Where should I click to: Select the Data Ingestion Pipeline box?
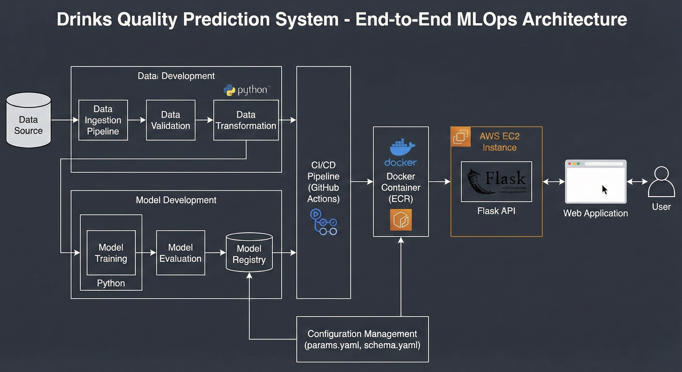pos(103,120)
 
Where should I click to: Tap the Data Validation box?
pos(170,120)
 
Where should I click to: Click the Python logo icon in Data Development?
pos(229,90)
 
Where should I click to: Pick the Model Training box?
pos(111,253)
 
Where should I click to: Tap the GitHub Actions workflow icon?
pos(323,222)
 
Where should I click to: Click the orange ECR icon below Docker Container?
pos(401,220)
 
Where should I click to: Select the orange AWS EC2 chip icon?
pos(461,137)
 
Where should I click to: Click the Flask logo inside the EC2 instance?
pos(496,182)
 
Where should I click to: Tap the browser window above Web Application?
pos(596,182)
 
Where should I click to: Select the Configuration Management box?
pos(362,339)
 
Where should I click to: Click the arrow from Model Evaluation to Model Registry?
pos(215,253)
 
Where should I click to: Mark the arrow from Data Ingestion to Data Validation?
pos(137,120)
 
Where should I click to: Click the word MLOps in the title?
pos(487,19)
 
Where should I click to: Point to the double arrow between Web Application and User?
pos(637,182)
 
